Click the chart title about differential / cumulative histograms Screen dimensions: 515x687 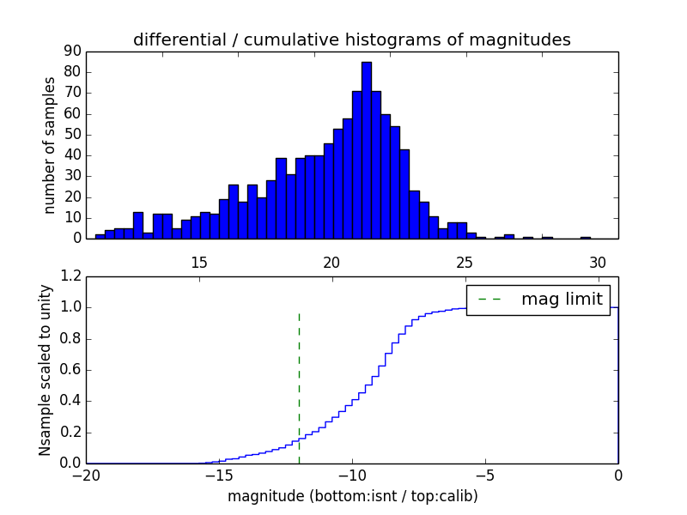[351, 39]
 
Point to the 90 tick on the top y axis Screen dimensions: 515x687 [72, 51]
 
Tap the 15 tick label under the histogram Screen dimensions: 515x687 [198, 263]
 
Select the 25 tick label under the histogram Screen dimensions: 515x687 [465, 263]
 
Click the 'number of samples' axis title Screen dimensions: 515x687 [50, 145]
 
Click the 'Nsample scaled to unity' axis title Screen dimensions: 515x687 [46, 370]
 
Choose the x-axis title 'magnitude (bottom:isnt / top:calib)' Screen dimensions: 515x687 [352, 496]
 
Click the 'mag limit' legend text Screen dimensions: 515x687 [562, 300]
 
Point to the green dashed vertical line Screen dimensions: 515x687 [299, 386]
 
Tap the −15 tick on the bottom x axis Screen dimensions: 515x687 [219, 475]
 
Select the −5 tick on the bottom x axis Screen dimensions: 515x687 [485, 475]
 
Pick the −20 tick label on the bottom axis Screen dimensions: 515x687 [86, 475]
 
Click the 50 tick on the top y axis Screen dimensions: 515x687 [72, 135]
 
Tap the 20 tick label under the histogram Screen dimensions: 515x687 [331, 263]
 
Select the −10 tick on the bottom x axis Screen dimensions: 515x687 [352, 475]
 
